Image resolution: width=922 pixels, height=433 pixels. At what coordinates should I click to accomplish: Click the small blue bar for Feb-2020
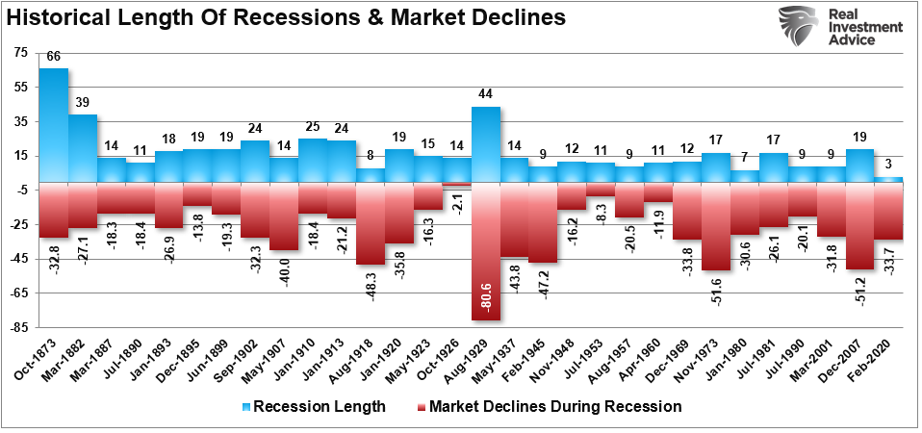[888, 180]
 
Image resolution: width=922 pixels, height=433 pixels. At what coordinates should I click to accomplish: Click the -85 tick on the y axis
[19, 329]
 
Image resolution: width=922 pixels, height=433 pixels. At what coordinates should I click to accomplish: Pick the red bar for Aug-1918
[371, 223]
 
